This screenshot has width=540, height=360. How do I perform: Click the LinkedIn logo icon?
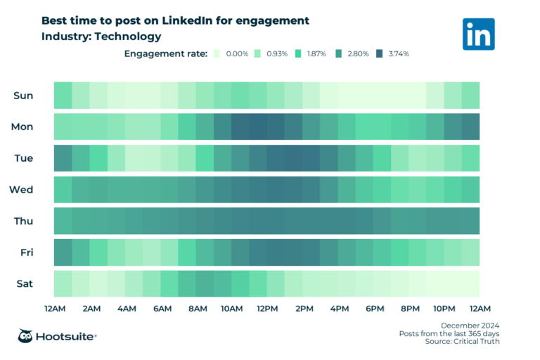tap(478, 34)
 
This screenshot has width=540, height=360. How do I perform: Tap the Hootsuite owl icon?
tap(27, 336)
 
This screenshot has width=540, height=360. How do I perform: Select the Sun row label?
tap(22, 95)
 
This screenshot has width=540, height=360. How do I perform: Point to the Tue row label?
tap(22, 157)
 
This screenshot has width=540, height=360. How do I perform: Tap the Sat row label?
tap(23, 284)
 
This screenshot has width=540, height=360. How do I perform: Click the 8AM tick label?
tap(197, 309)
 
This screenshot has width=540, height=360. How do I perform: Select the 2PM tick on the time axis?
tap(303, 309)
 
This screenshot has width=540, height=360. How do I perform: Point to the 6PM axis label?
tap(374, 309)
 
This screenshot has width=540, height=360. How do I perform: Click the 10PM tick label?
tap(444, 309)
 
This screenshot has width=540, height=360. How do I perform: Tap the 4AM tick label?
tap(126, 309)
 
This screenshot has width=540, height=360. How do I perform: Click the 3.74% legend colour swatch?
tap(380, 53)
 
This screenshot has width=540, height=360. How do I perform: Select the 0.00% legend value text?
tap(236, 53)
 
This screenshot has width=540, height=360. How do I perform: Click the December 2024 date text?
tap(470, 325)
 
